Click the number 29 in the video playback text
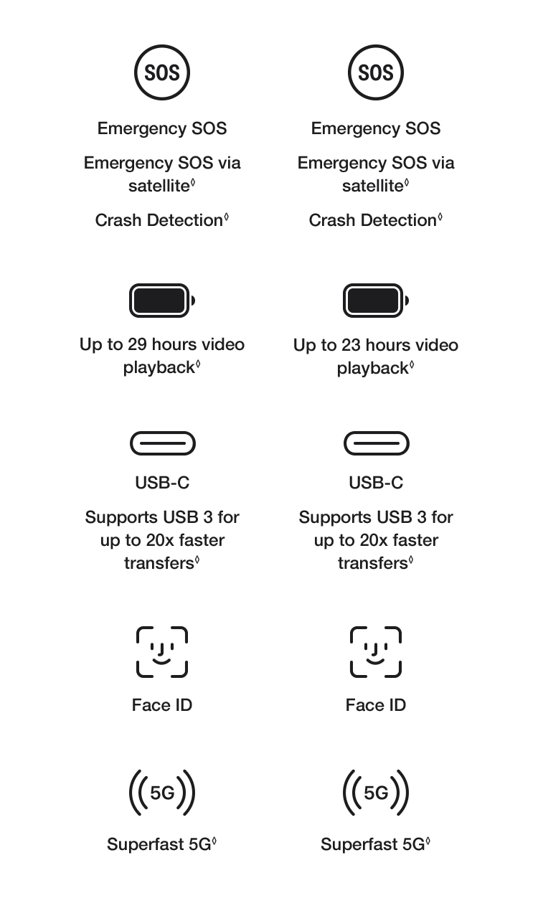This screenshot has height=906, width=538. coord(138,344)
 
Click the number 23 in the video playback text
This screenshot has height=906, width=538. coord(351,346)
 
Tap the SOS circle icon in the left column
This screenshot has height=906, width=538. coord(162,72)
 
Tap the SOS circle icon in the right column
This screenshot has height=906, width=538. coord(376,72)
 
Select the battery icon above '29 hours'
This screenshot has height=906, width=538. coord(162,301)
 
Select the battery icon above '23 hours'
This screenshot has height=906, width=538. coord(376,301)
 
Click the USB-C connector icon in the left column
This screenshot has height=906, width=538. coord(163,443)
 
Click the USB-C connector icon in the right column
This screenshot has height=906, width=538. coord(376,443)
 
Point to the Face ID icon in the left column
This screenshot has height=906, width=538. coord(162,652)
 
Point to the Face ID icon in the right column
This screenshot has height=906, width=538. coord(376,652)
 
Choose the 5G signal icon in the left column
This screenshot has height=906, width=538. coord(162,793)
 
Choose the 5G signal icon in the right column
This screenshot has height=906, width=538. coord(376,793)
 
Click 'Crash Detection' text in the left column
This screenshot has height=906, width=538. coord(159,220)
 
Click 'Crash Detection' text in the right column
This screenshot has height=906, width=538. coord(372,220)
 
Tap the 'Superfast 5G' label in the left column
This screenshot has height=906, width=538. coord(159,844)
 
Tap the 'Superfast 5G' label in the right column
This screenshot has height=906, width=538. coord(372,844)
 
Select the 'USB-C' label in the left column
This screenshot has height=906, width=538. coord(162,483)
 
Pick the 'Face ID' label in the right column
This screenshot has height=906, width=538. coord(376,705)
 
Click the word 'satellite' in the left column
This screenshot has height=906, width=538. coord(159,186)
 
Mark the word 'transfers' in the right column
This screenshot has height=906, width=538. coord(372,563)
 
